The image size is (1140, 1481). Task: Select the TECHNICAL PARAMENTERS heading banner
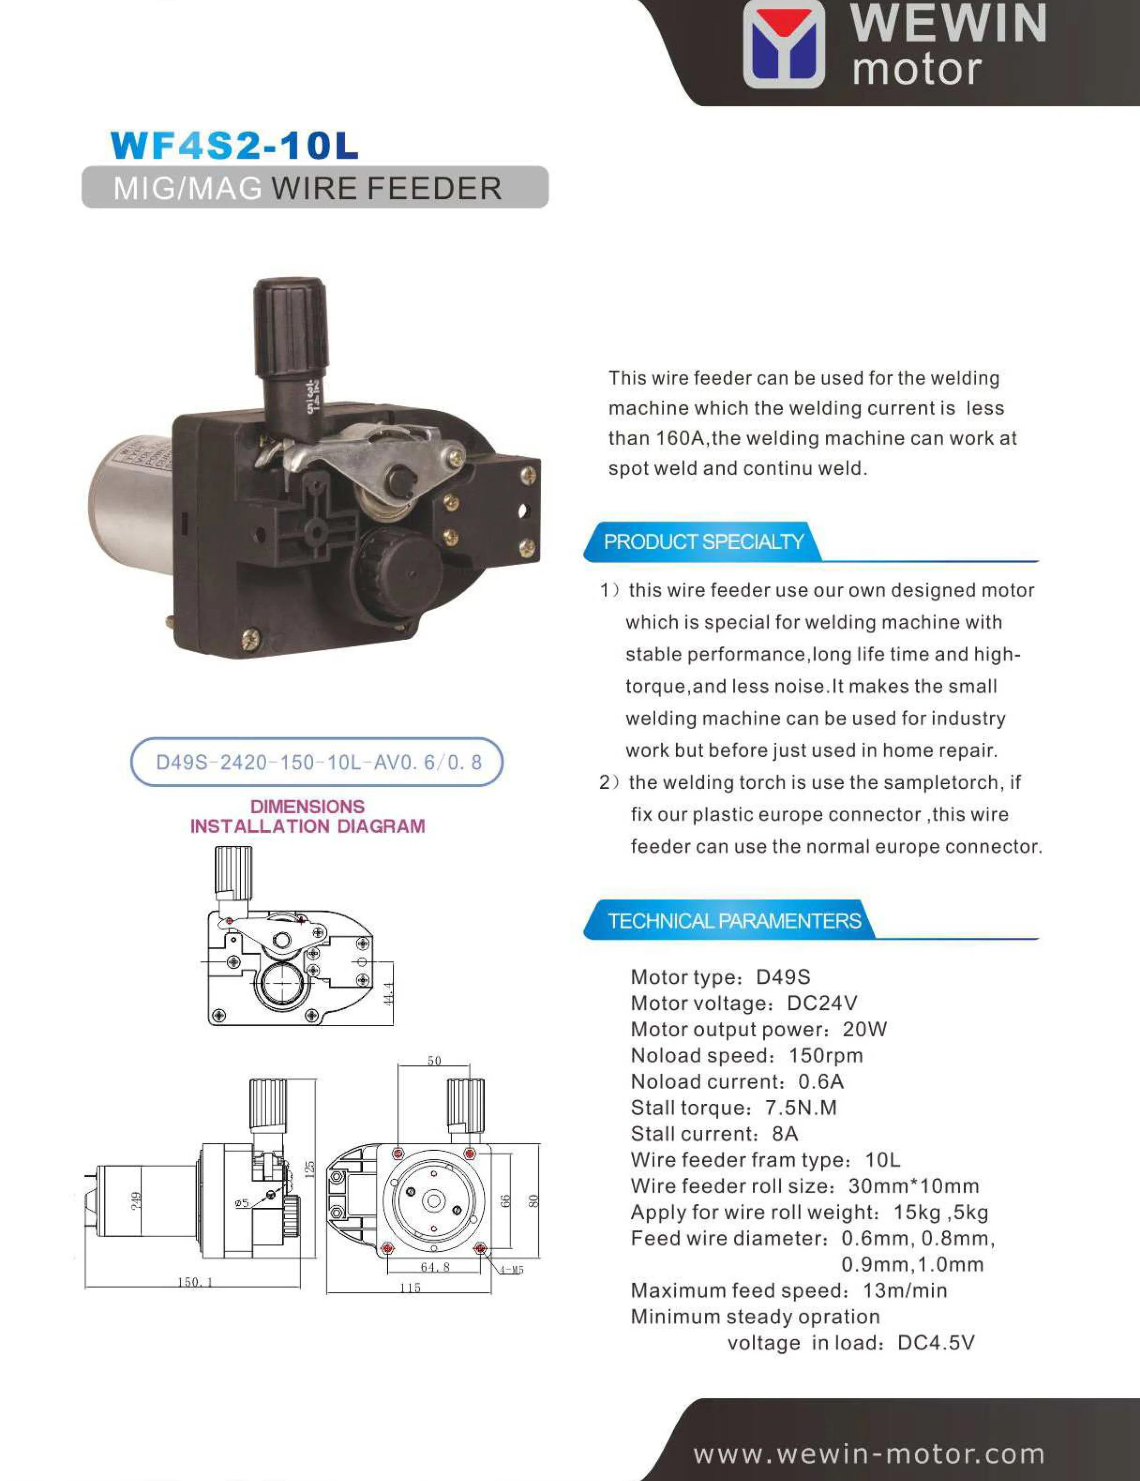[734, 921]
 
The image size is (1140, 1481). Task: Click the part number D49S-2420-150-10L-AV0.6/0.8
[318, 762]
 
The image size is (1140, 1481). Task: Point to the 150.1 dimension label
[194, 1282]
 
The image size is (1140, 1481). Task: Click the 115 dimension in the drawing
[410, 1288]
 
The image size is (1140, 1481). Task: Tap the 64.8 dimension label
[435, 1267]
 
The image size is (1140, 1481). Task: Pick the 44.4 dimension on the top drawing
[389, 994]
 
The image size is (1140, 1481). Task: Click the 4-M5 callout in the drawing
[511, 1270]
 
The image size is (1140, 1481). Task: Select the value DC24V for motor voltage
[822, 1003]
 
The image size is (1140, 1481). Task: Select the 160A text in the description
[682, 438]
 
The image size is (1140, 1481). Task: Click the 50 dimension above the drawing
[434, 1061]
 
